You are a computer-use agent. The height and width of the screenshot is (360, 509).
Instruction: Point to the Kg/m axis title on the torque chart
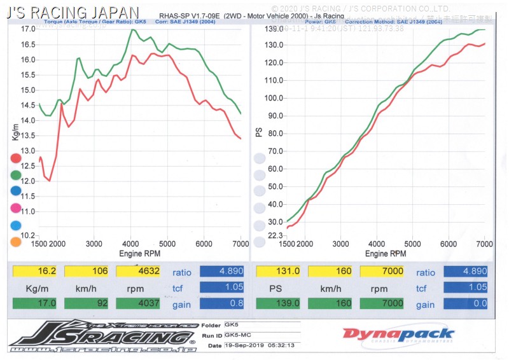[15, 132]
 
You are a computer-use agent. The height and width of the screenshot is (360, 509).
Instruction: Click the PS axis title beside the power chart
[259, 132]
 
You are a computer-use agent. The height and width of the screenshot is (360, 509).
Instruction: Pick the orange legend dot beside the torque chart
[16, 242]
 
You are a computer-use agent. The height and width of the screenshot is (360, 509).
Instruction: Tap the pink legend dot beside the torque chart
[16, 208]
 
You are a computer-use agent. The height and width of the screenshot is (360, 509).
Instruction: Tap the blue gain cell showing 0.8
[222, 303]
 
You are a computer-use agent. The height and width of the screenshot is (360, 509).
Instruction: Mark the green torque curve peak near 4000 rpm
[132, 29]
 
